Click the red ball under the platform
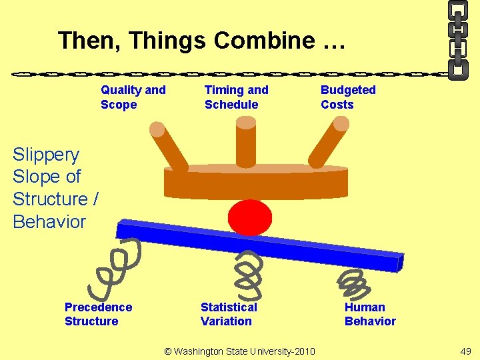click(x=250, y=217)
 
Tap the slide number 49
click(x=465, y=351)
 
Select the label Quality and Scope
click(x=133, y=97)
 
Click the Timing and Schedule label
click(x=236, y=97)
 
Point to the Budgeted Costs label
click(x=348, y=97)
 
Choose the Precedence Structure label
click(x=98, y=314)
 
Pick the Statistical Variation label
click(x=228, y=314)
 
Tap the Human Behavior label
click(x=369, y=314)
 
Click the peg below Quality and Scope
click(x=169, y=145)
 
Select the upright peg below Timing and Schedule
click(x=246, y=141)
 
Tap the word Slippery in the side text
click(x=46, y=155)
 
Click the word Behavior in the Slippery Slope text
click(x=49, y=221)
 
